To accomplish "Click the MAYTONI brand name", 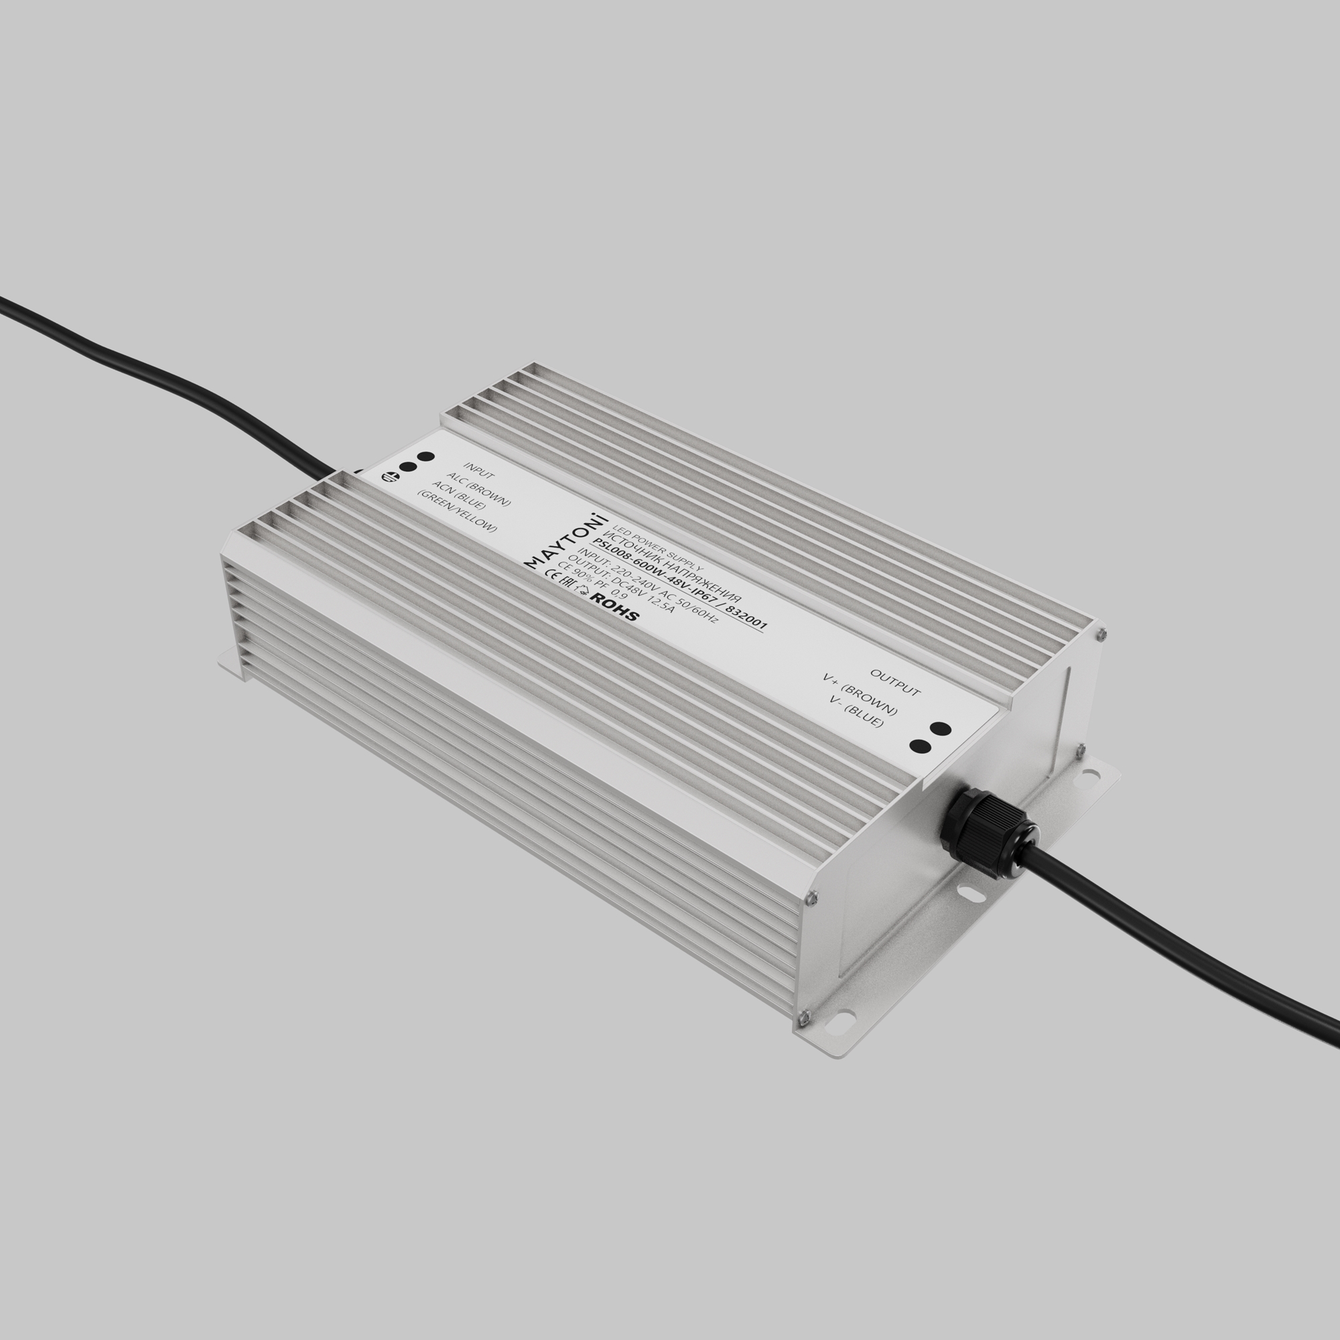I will [x=565, y=541].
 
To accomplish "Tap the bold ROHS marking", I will [x=613, y=607].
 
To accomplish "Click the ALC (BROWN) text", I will [x=479, y=490].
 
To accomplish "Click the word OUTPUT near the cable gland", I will [x=894, y=683].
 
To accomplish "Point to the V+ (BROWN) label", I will [x=860, y=695].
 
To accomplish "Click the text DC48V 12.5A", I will [x=632, y=596].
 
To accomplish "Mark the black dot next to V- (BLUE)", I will [x=920, y=746].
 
